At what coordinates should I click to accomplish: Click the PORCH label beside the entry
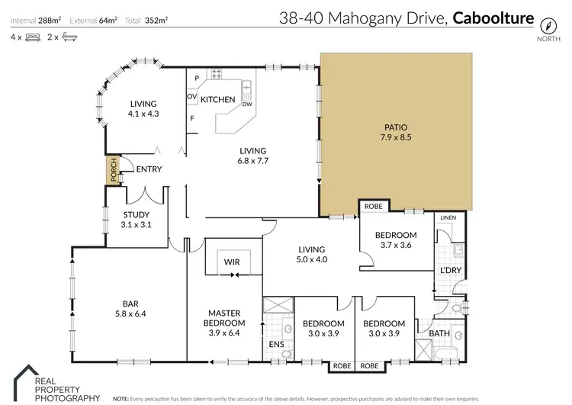[x=113, y=170]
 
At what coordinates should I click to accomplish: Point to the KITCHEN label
[x=217, y=100]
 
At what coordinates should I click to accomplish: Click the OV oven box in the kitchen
[x=192, y=96]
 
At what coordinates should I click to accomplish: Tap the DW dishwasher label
[x=247, y=104]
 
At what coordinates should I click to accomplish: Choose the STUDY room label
[x=137, y=215]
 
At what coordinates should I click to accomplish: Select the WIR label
[x=232, y=262]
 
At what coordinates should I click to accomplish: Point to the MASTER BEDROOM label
[x=225, y=318]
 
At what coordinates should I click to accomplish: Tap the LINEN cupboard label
[x=448, y=218]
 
